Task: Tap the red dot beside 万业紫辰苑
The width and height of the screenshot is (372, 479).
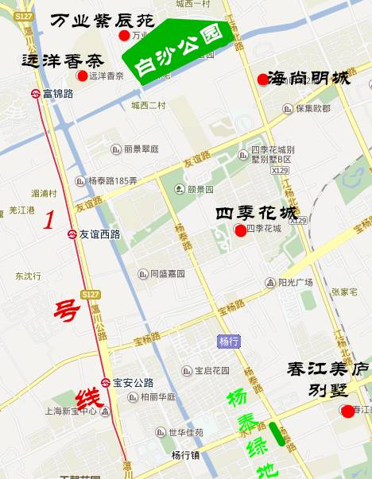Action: tap(123, 36)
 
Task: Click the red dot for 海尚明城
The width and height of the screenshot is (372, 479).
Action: tap(262, 79)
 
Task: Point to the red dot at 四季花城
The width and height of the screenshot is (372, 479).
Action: tap(240, 230)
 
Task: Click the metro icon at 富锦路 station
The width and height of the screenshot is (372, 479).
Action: tap(37, 94)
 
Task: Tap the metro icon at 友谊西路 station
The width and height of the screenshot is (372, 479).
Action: tap(72, 234)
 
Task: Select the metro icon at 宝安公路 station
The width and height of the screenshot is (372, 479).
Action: tap(106, 382)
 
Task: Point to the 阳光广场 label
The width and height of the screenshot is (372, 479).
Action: tap(295, 282)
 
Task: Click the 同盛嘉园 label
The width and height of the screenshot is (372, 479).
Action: tap(167, 273)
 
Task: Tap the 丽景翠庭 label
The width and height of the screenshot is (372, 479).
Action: tap(141, 149)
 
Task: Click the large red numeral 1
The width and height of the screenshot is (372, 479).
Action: tap(49, 220)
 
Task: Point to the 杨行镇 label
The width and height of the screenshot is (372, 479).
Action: tap(184, 455)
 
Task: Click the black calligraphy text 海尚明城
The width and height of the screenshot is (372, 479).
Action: tap(309, 78)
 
